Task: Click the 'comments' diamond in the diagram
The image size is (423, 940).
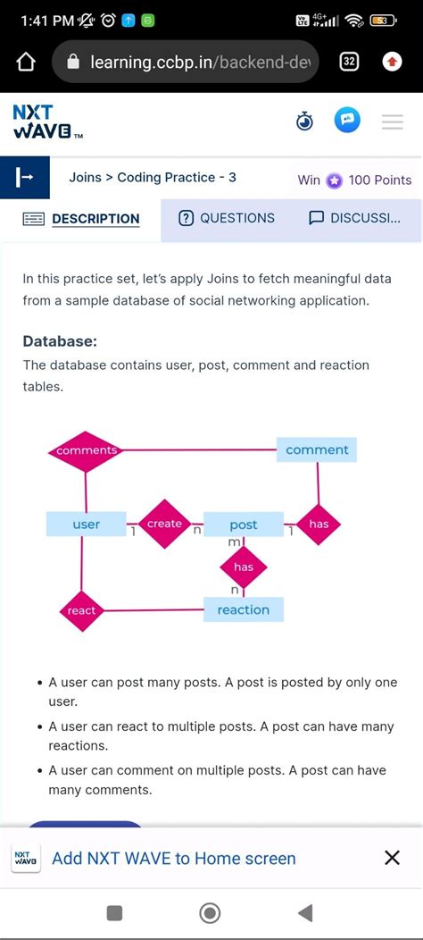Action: (x=86, y=450)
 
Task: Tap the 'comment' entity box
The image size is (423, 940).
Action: (x=317, y=449)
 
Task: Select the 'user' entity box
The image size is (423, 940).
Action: (x=86, y=525)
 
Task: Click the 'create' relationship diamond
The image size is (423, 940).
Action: (x=164, y=524)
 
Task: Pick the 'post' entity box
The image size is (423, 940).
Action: (x=243, y=525)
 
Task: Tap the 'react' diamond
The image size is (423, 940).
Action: (x=81, y=610)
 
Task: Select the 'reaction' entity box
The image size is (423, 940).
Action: (x=243, y=610)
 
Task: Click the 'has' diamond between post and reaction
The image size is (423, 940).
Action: (x=243, y=567)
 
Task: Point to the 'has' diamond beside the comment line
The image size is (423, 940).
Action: (x=319, y=525)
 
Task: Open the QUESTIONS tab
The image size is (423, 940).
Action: (x=227, y=218)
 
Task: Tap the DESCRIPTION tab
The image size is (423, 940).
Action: (x=81, y=219)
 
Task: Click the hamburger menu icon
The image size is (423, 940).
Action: (x=393, y=122)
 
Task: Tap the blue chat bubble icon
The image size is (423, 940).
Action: (x=347, y=121)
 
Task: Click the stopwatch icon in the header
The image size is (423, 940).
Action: (x=305, y=122)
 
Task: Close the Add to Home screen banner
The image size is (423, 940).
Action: (x=392, y=858)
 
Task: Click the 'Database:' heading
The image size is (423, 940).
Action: (x=60, y=341)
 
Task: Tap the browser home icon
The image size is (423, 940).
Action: (x=26, y=62)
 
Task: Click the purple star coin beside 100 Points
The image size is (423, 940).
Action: (x=334, y=180)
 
